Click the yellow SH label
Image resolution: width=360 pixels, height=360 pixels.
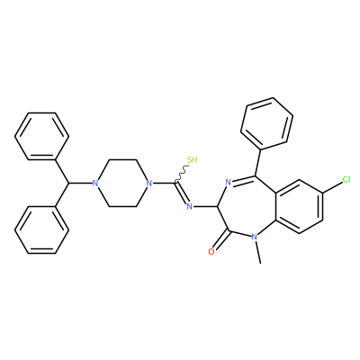pyautogui.click(x=193, y=160)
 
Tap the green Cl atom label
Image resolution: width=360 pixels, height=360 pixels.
pyautogui.click(x=346, y=180)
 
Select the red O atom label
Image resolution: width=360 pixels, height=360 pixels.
pyautogui.click(x=211, y=251)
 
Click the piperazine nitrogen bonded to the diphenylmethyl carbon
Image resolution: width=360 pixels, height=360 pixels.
pyautogui.click(x=95, y=183)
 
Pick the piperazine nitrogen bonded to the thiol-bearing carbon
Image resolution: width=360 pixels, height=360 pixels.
pyautogui.click(x=148, y=183)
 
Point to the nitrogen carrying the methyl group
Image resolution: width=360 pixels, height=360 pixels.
pyautogui.click(x=255, y=237)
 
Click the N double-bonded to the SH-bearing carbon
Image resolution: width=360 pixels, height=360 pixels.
pyautogui.click(x=189, y=206)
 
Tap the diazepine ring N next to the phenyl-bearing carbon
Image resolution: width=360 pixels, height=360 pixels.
pyautogui.click(x=228, y=182)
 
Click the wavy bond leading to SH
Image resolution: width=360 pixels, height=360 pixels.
pyautogui.click(x=182, y=174)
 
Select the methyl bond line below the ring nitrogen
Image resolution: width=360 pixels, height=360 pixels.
pyautogui.click(x=258, y=252)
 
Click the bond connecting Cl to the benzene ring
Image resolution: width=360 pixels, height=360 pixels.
pyautogui.click(x=333, y=187)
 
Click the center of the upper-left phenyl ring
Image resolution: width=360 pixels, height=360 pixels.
pyautogui.click(x=42, y=136)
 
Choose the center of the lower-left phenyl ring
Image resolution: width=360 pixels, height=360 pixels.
pyautogui.click(x=42, y=229)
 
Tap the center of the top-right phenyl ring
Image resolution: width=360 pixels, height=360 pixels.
pyautogui.click(x=266, y=123)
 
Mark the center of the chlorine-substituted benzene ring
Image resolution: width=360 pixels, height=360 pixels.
pyautogui.click(x=300, y=207)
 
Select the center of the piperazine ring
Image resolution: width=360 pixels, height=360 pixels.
pyautogui.click(x=122, y=183)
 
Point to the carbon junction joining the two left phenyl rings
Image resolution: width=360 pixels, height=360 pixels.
pyautogui.click(x=69, y=183)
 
